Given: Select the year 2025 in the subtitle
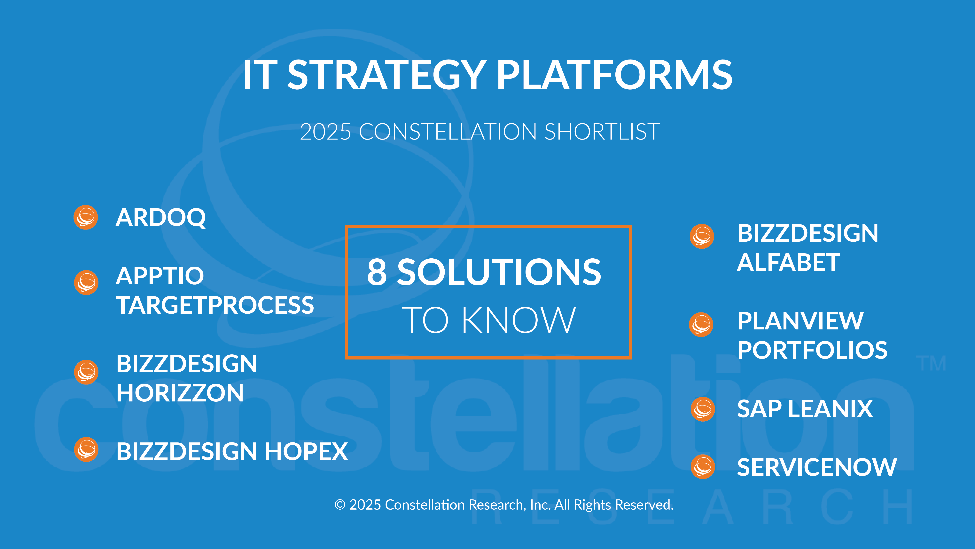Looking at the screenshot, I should click(x=325, y=132).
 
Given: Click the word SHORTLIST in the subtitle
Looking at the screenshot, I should click(x=602, y=132).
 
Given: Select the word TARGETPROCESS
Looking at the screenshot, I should click(x=215, y=305).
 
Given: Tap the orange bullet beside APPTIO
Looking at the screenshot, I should click(x=86, y=283).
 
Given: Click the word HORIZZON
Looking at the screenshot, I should click(x=180, y=393).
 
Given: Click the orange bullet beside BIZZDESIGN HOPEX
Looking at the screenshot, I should click(x=86, y=450).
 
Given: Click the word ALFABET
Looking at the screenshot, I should click(x=788, y=262).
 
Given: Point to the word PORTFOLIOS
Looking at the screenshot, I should click(x=812, y=350).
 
